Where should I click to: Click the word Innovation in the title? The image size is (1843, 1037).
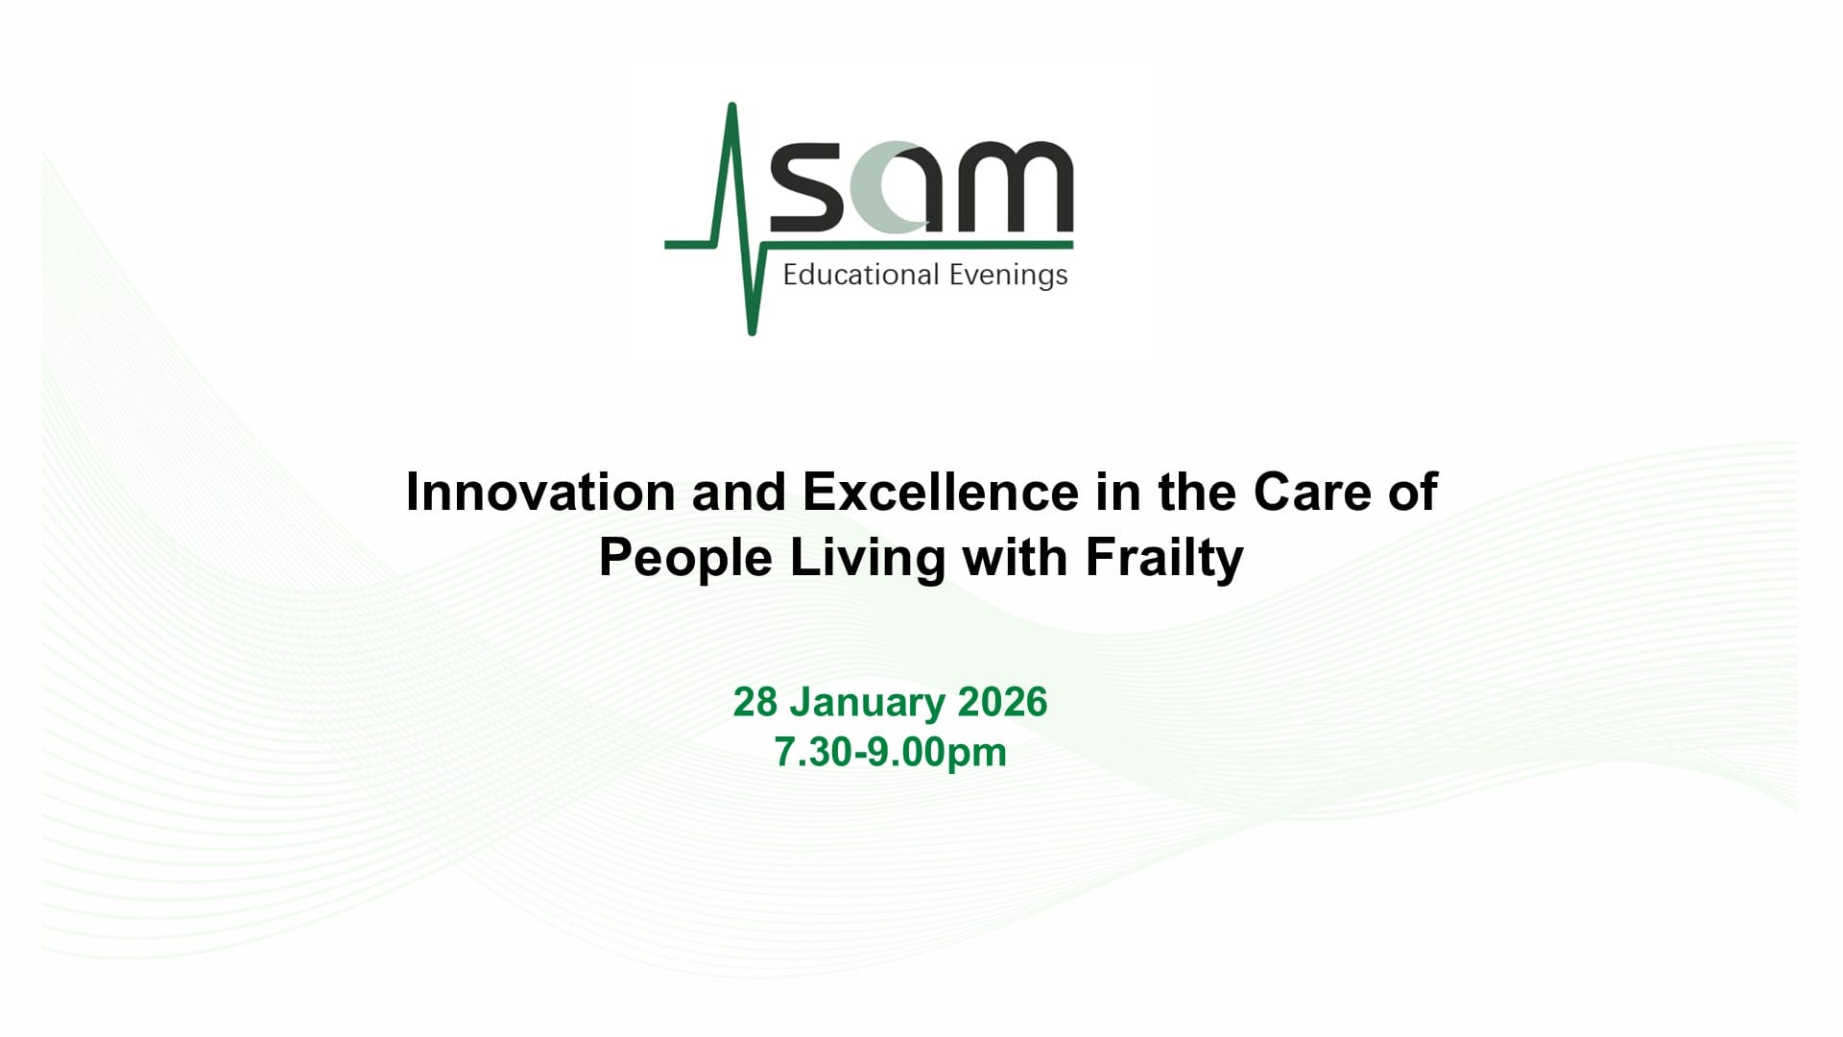pos(540,492)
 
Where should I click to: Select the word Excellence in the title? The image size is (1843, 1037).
pos(941,492)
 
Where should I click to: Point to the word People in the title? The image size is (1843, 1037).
pos(685,558)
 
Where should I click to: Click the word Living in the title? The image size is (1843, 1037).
pos(868,558)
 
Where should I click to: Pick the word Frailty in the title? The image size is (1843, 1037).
pos(1164,558)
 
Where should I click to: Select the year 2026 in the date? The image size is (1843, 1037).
pos(1002,702)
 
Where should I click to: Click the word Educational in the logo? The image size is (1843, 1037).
pos(860,275)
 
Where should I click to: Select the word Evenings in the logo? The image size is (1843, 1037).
pos(1008,276)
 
